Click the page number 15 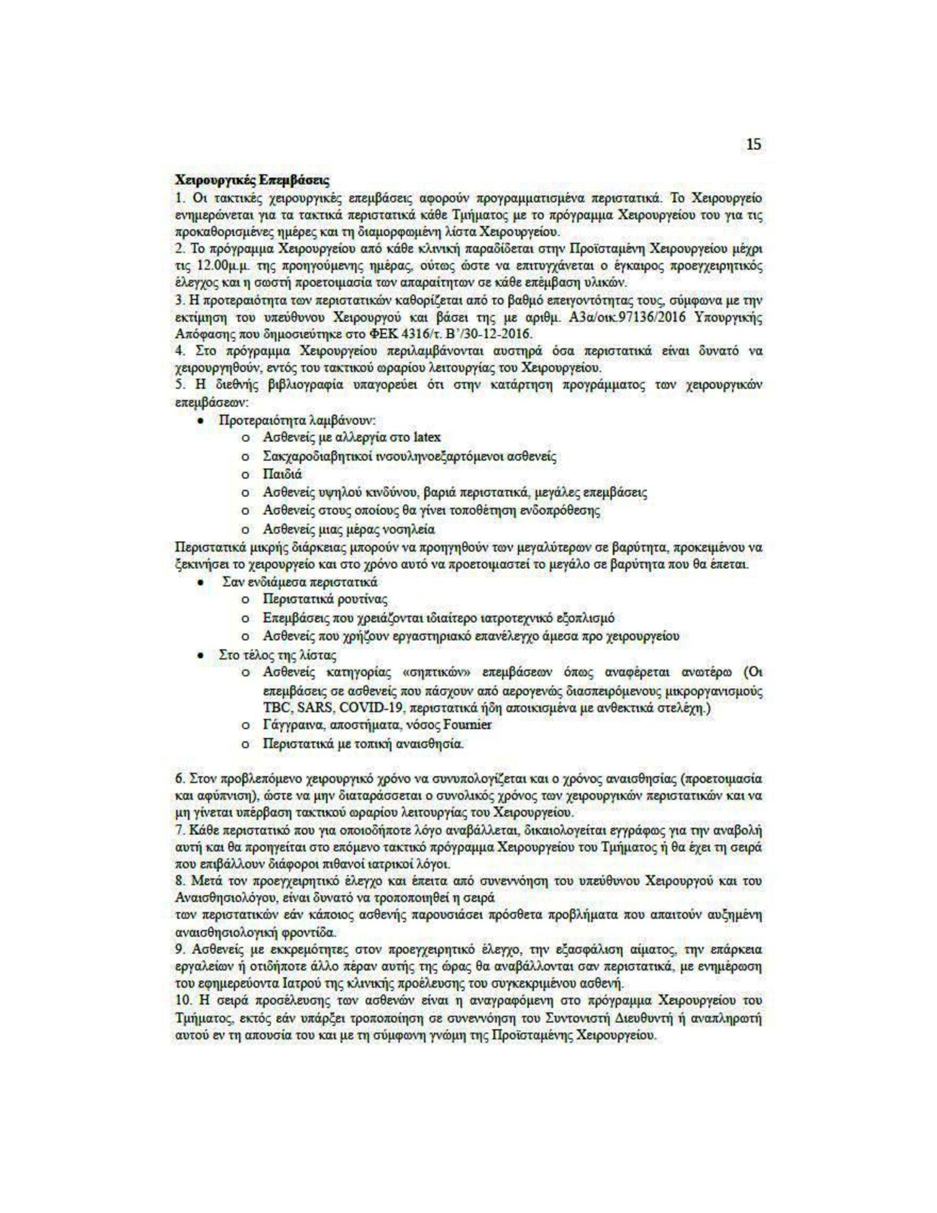click(753, 145)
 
